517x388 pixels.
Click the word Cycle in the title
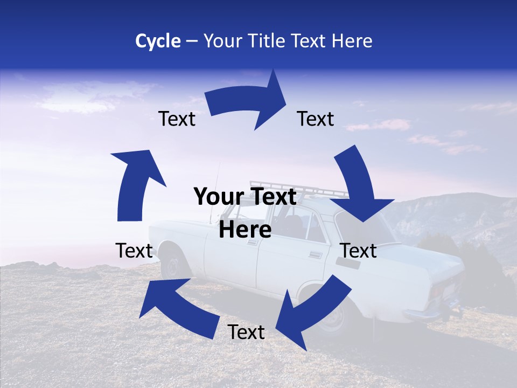158,41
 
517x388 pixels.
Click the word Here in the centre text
245,230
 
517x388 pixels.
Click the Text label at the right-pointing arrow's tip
316,119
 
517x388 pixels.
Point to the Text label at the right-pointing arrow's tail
177,119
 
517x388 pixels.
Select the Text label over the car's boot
359,251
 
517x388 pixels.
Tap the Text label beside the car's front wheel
134,251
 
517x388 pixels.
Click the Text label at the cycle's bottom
246,332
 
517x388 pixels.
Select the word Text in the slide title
313,41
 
